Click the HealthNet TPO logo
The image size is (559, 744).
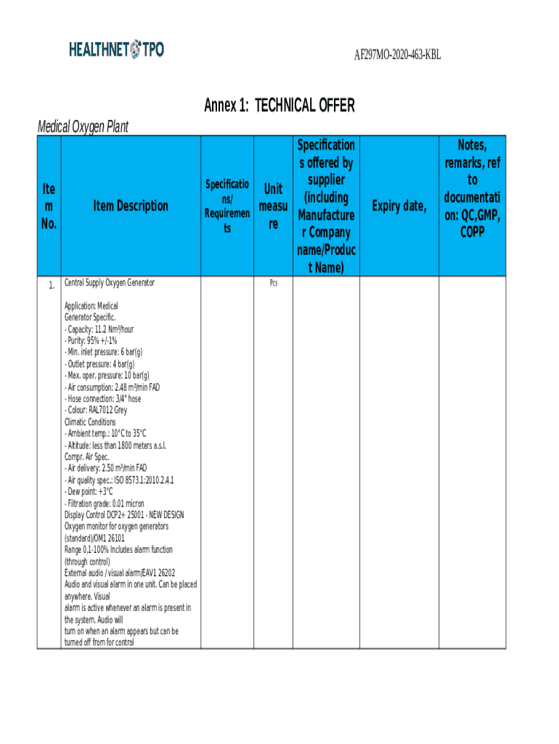tap(116, 49)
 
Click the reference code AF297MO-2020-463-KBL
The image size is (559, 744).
tap(397, 55)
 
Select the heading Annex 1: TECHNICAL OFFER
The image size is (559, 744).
tap(279, 106)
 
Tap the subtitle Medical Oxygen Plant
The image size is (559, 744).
tap(83, 127)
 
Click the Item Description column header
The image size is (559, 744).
tap(131, 206)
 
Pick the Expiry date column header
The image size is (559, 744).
tap(398, 206)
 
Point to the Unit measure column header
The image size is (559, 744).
tap(273, 206)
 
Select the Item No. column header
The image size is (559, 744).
tap(49, 206)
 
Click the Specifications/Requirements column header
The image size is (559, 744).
tap(227, 206)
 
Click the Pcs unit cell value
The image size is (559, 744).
tap(273, 283)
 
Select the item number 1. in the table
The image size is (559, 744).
tap(51, 285)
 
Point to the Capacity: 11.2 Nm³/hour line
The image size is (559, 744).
tap(99, 329)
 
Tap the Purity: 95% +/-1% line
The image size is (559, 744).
tap(91, 341)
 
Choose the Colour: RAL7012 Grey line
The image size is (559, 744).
tap(96, 410)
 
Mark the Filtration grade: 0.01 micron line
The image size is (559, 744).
tap(105, 503)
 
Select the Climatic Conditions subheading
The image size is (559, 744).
tap(90, 421)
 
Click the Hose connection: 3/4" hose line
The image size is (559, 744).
tap(103, 398)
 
